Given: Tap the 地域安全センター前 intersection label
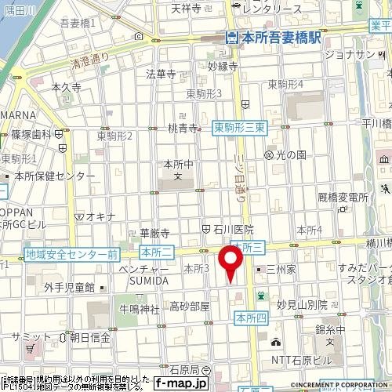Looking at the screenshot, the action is [x=71, y=255].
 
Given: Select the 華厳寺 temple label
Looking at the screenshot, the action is [x=154, y=233].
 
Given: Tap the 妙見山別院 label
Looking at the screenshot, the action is [x=301, y=304].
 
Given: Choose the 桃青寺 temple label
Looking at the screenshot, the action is [x=182, y=129].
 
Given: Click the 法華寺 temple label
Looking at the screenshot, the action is [x=161, y=74].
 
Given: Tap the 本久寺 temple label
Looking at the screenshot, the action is [x=66, y=89].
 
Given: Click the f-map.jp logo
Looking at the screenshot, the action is [x=180, y=383].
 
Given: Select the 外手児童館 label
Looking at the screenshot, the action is [x=69, y=288].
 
